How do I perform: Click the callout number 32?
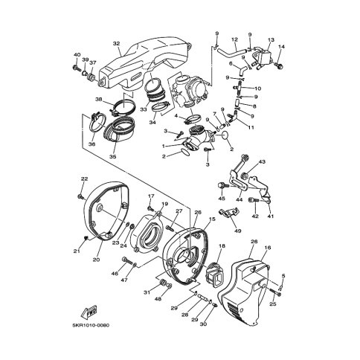116,44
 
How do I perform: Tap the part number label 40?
77,55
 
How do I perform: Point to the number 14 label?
282,47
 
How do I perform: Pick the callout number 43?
283,162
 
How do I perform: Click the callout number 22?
84,179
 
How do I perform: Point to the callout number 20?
96,260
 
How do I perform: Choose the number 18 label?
222,245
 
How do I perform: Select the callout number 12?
234,39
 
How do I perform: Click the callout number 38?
98,99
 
